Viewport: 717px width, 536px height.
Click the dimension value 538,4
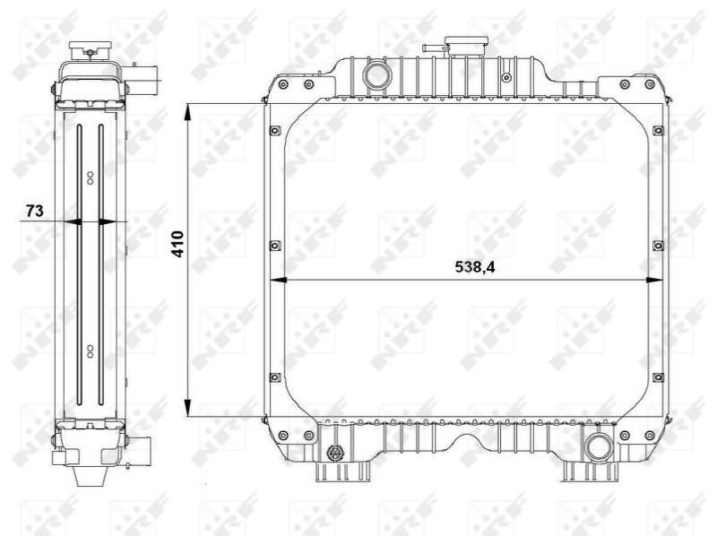point(476,266)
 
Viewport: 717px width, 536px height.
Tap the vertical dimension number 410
point(178,244)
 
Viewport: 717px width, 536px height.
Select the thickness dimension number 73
point(34,211)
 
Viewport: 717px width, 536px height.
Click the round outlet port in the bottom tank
point(596,444)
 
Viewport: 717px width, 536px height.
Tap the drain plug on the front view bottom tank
point(337,452)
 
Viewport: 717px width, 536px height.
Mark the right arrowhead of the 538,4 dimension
point(657,281)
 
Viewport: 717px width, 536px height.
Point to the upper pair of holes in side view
point(90,177)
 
